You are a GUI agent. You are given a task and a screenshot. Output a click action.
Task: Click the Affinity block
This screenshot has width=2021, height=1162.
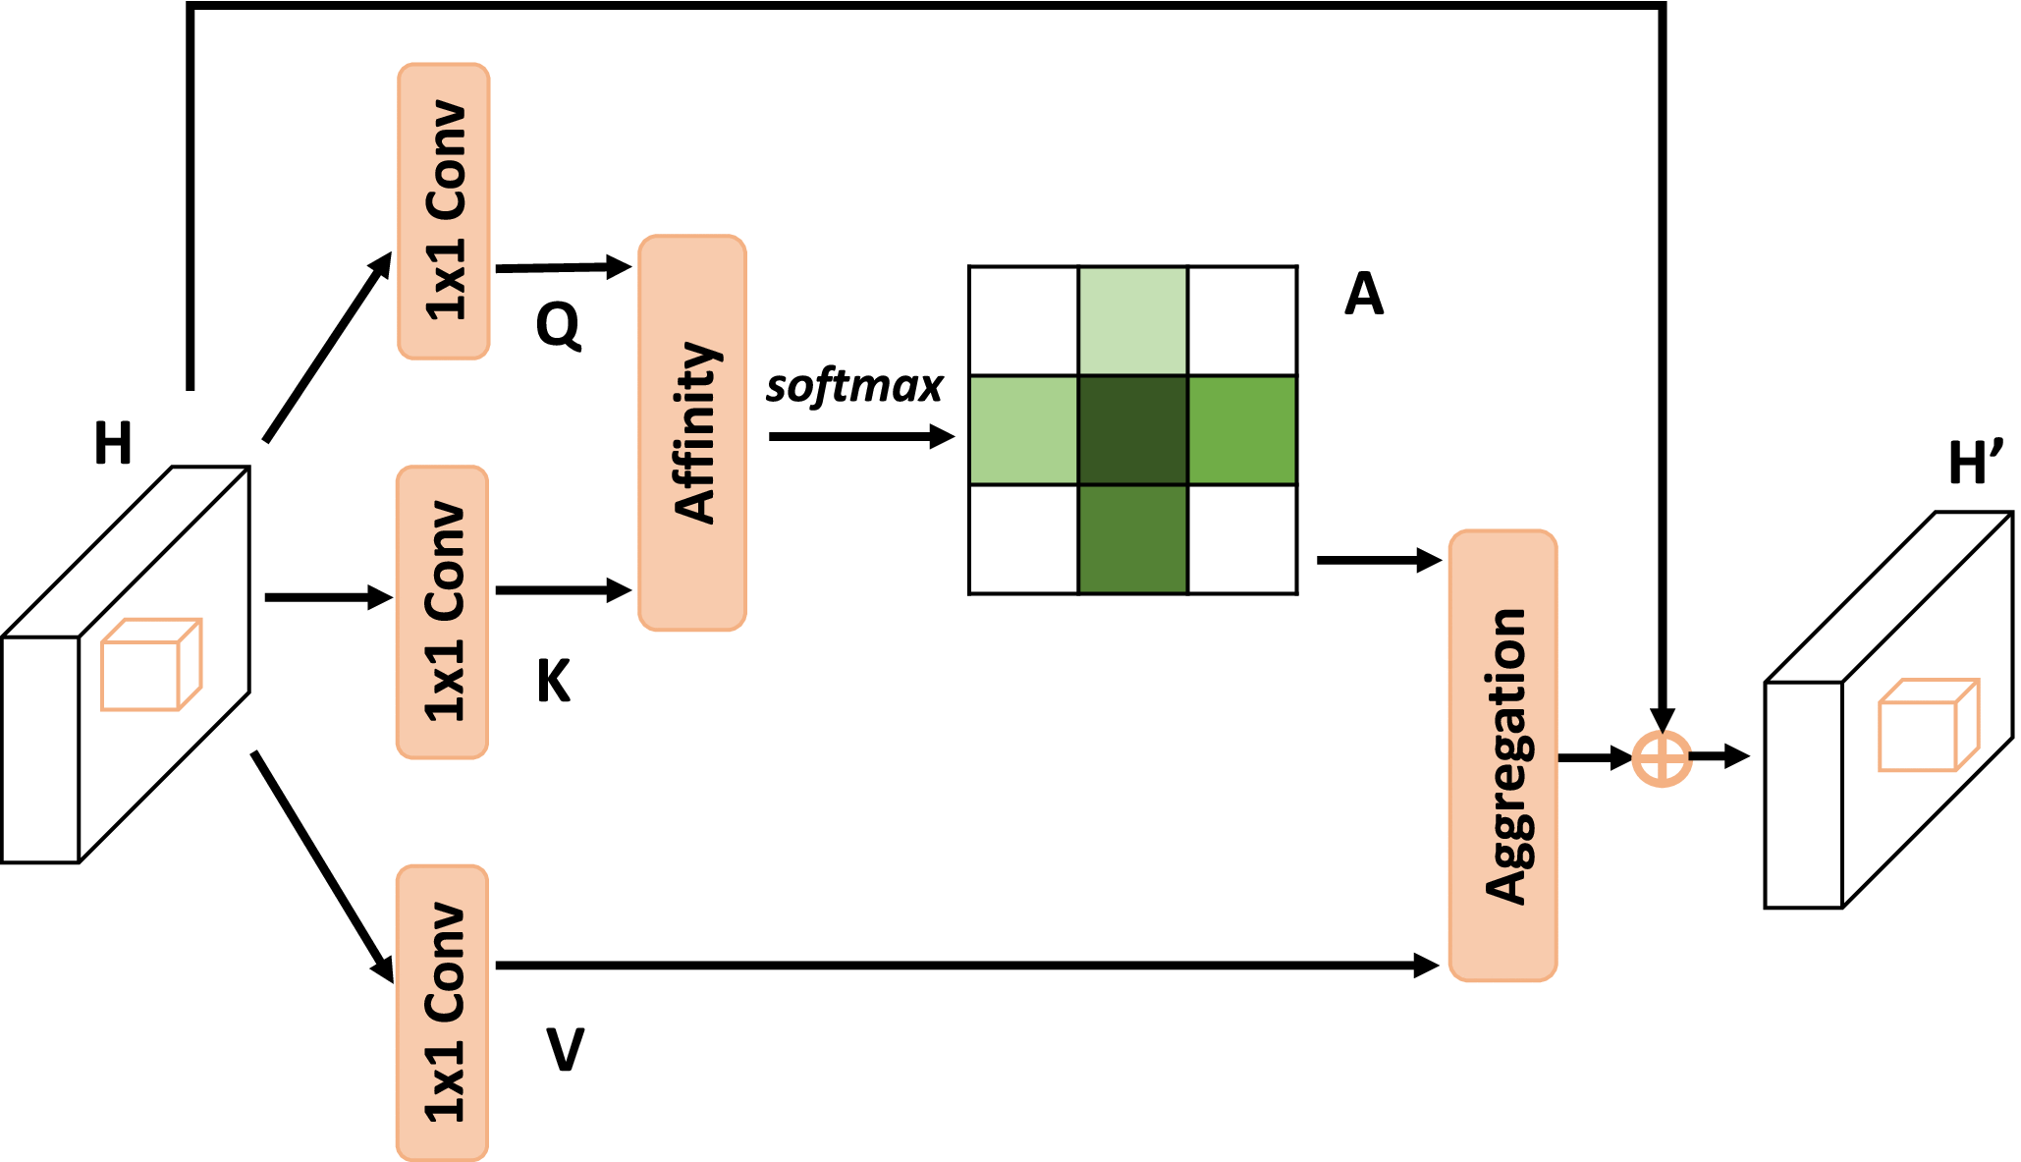pos(692,432)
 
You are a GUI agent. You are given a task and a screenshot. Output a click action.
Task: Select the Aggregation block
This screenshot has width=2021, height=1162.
pos(1502,754)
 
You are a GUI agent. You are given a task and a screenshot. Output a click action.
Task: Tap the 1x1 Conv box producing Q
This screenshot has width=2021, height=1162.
pos(444,211)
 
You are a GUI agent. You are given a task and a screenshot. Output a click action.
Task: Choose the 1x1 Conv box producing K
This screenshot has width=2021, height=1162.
pos(443,612)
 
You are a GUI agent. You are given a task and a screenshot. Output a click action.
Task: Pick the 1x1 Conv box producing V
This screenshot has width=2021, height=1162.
pos(443,1012)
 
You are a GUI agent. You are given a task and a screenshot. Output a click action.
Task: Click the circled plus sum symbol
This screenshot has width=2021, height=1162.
pos(1662,758)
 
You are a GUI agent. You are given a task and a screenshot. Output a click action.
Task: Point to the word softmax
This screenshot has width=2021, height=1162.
pos(853,386)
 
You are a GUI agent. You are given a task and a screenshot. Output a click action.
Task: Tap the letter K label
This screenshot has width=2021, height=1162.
pos(554,681)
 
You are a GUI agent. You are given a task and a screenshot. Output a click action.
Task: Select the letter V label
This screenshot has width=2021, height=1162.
pos(565,1049)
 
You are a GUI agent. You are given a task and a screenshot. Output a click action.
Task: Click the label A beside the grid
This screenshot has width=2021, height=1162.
pos(1364,294)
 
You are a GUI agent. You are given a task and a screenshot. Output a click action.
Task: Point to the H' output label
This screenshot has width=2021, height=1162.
pos(1975,464)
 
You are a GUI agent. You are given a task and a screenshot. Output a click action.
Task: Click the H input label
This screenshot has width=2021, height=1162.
pos(113,443)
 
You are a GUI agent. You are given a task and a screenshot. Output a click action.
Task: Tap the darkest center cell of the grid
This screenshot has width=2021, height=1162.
pos(1133,430)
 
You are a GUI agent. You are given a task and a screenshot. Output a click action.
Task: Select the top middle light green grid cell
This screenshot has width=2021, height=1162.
pos(1133,320)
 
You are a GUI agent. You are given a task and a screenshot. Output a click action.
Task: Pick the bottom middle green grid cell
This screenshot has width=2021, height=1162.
pos(1133,539)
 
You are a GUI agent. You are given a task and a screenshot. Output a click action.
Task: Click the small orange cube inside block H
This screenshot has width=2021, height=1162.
pos(151,665)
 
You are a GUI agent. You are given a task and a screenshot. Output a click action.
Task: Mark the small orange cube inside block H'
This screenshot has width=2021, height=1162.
pos(1928,725)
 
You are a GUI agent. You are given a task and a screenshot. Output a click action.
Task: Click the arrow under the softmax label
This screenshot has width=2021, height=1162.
pos(861,436)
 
